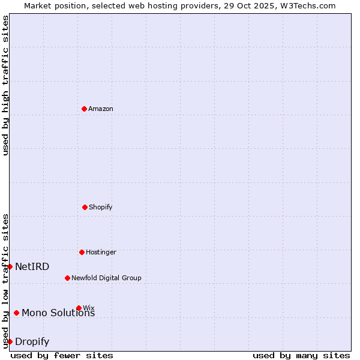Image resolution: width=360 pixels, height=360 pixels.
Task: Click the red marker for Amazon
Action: pos(84,109)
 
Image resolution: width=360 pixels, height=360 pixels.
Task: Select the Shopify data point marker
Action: pos(85,207)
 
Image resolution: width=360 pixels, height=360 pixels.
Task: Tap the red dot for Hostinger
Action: pos(82,252)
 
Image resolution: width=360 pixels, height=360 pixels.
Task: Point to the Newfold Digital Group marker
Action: pos(67,278)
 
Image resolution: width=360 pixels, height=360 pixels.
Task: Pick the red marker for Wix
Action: pos(79,308)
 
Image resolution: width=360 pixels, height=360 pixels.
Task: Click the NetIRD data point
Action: pos(10,266)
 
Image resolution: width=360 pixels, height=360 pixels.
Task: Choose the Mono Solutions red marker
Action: pos(16,313)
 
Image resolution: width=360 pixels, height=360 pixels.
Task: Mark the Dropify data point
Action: pos(10,341)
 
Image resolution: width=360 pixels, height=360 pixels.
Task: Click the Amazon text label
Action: pos(101,109)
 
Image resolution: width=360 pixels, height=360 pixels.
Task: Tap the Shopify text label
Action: pos(101,208)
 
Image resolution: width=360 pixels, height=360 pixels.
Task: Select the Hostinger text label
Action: pos(101,253)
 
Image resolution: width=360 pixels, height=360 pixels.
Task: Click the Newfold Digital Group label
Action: pos(106,278)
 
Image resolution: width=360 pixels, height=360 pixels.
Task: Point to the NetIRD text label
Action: pos(32,267)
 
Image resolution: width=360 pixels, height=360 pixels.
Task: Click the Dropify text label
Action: pos(32,342)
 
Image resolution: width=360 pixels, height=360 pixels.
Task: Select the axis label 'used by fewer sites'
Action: pos(62,355)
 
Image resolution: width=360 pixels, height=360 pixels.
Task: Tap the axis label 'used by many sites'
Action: pos(301,355)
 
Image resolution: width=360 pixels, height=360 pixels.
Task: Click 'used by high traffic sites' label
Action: pos(6,85)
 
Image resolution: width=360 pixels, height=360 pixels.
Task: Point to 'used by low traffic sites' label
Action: pos(6,281)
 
